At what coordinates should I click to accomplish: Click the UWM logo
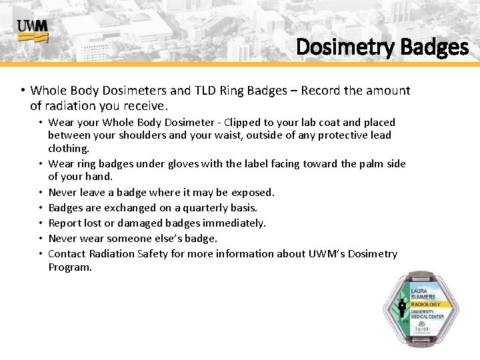coord(32,31)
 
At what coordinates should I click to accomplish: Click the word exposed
coord(252,192)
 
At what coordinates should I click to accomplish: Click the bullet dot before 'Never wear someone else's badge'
coord(41,238)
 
